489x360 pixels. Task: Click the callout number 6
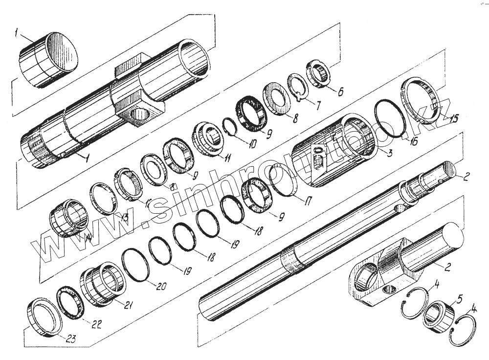pos(341,91)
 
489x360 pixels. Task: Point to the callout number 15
pos(454,119)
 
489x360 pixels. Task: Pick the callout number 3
pos(390,154)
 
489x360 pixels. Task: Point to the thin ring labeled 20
pos(135,264)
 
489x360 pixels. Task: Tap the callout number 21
pos(129,306)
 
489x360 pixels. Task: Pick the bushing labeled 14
pos(67,217)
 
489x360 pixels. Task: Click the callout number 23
pos(71,337)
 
